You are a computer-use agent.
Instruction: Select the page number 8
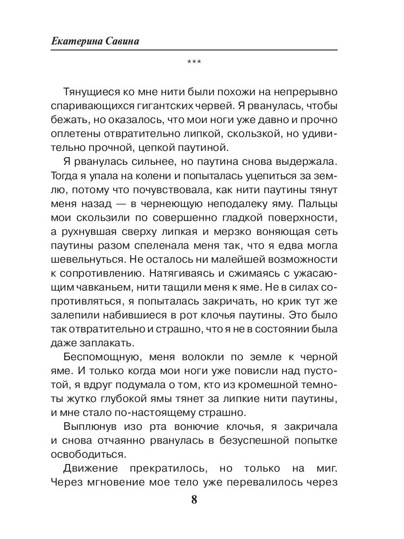click(x=194, y=500)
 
